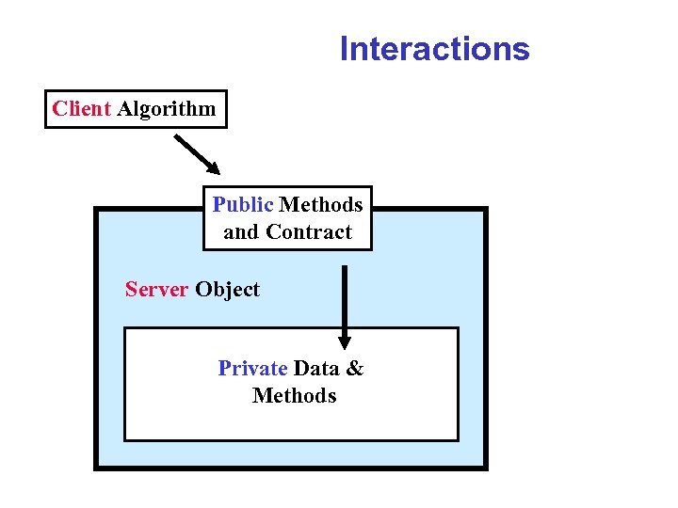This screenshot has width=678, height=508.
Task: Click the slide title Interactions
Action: point(434,48)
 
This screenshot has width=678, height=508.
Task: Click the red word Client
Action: point(82,108)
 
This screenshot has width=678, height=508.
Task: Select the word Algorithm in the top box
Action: point(167,109)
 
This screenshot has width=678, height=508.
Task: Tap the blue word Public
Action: point(243,204)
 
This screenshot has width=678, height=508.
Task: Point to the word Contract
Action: point(308,231)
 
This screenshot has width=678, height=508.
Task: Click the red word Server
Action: point(156,289)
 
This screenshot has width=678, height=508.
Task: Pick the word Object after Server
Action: point(227,290)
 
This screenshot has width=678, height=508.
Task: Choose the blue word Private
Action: point(252,368)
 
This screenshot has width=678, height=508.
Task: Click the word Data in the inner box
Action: point(316,368)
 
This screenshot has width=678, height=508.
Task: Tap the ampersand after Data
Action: point(354,368)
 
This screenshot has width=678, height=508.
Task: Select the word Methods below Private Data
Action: point(294,395)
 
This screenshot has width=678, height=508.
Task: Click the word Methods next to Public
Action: point(321,204)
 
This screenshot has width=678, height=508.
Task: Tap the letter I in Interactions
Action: point(345,48)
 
